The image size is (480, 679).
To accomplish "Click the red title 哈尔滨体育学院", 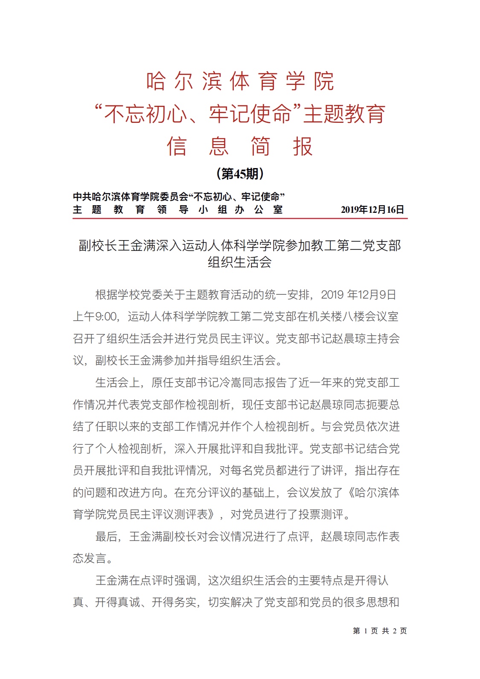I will tap(240, 81).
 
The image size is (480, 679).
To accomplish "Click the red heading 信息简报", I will tap(240, 146).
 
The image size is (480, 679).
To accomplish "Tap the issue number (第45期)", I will tap(240, 174).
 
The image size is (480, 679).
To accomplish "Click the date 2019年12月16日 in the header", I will tap(372, 209).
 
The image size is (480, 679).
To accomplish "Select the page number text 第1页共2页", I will tap(379, 631).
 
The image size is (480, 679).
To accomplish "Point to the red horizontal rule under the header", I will tap(240, 218).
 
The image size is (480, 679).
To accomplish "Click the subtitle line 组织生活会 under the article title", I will tap(240, 262).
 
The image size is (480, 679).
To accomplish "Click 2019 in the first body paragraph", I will tap(332, 295).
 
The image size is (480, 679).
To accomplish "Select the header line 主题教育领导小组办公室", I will tap(178, 209).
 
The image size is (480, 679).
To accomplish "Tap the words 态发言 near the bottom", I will tap(89, 558).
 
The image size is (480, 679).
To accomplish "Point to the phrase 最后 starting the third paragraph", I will tap(106, 537).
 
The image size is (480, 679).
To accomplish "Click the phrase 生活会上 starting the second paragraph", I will tap(117, 383).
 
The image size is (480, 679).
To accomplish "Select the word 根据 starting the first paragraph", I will tap(106, 295).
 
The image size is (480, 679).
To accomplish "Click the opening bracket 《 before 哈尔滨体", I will tap(349, 493).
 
